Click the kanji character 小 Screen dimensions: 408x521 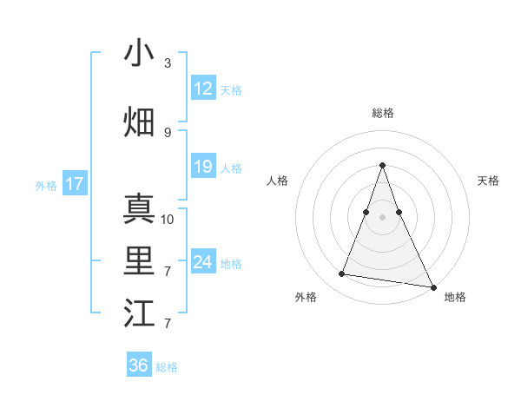tap(140, 54)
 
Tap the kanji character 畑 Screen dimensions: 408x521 tap(140, 122)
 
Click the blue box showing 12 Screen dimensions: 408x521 tap(202, 89)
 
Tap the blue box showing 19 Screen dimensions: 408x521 tap(202, 167)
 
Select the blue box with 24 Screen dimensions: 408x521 tap(202, 262)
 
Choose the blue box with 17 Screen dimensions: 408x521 tap(75, 184)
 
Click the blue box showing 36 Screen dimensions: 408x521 tap(139, 365)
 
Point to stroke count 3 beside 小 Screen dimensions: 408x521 tap(168, 63)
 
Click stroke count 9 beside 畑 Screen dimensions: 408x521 tap(168, 133)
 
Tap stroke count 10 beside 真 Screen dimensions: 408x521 tap(168, 220)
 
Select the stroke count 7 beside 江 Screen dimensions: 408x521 tap(168, 324)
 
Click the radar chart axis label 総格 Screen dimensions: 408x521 tap(383, 113)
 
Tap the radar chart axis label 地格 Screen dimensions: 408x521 tap(455, 298)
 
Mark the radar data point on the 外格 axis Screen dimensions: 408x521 tap(341, 274)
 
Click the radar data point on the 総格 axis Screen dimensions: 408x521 tap(383, 165)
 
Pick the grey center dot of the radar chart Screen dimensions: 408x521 tap(383, 216)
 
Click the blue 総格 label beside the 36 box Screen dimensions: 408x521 tap(167, 367)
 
